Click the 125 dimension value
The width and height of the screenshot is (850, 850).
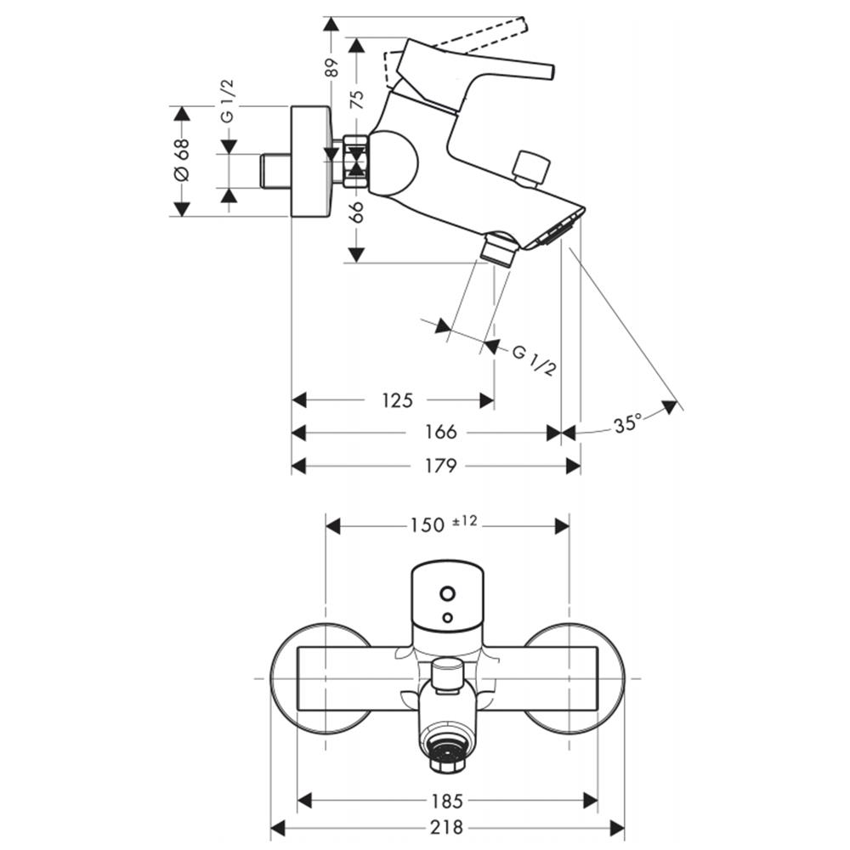(x=397, y=400)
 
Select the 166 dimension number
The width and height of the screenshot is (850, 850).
(x=440, y=432)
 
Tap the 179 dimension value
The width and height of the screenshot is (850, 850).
(x=440, y=465)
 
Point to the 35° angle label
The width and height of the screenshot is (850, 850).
(x=627, y=423)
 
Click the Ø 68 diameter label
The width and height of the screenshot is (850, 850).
(x=182, y=160)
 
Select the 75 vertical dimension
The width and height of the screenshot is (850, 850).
(x=356, y=100)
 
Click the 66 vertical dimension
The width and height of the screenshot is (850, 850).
(x=356, y=212)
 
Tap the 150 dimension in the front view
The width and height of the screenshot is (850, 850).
(x=427, y=525)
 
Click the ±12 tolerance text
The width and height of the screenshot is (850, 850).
(x=465, y=522)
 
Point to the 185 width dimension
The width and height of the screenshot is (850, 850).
(x=447, y=800)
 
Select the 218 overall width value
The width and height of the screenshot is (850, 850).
(x=447, y=827)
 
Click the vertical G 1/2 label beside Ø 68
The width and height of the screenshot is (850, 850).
(x=227, y=101)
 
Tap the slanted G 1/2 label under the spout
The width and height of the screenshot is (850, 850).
(x=535, y=360)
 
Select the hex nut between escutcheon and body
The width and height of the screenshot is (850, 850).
(x=356, y=161)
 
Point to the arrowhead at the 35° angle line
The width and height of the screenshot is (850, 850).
(x=671, y=406)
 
